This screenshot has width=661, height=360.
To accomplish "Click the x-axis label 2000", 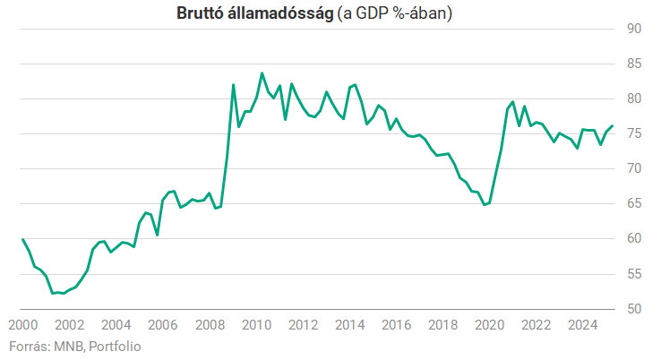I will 23,325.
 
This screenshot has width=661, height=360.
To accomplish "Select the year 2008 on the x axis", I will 210,325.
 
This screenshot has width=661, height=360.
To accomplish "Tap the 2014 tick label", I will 349,325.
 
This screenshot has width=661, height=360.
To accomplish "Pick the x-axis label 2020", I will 489,325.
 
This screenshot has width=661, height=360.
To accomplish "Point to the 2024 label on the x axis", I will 582,325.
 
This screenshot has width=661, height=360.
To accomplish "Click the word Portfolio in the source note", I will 115,346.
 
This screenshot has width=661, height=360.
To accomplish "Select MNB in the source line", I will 69,346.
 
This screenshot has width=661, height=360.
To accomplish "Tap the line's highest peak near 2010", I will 262,73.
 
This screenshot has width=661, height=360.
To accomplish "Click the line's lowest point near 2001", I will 53,293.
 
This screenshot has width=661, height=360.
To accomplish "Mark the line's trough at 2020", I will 484,205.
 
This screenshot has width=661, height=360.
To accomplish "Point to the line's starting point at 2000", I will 22,239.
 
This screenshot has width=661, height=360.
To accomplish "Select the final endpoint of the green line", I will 613,126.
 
